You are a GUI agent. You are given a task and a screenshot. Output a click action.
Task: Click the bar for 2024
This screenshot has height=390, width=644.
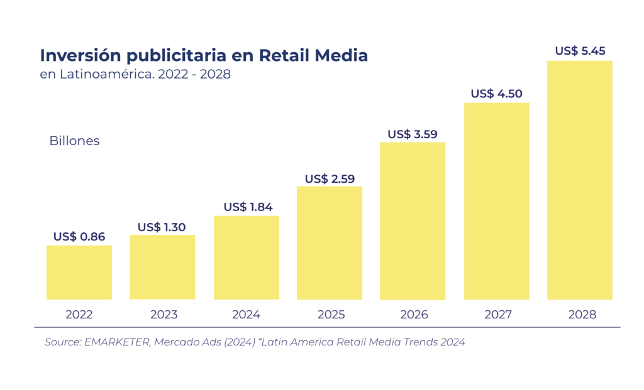coord(247,257)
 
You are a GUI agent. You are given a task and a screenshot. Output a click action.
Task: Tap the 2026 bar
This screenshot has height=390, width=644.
coord(413,220)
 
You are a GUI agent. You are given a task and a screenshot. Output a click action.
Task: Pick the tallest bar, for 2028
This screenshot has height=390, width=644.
coord(580,180)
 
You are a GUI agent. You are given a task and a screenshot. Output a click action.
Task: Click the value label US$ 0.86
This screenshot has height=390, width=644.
coord(79,237)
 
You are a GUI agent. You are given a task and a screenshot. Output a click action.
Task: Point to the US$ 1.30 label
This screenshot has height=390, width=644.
coord(162,227)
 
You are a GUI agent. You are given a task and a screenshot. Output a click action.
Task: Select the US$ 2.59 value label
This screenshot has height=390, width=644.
coord(330,178)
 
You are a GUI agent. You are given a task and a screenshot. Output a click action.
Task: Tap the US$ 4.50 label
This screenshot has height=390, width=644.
coord(496,94)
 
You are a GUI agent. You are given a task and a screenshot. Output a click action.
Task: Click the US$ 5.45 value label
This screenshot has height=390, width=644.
coord(580,51)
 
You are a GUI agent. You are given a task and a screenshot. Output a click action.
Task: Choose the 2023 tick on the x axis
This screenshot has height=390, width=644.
coord(164,315)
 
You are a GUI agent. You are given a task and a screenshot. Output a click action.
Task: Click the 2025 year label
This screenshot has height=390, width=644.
coord(331,315)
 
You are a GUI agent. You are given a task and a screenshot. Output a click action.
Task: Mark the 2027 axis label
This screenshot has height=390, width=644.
coord(497,315)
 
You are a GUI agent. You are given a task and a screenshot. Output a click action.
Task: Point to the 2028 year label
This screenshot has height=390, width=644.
coord(581,315)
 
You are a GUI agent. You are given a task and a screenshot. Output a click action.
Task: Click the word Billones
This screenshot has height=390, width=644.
coord(74,141)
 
